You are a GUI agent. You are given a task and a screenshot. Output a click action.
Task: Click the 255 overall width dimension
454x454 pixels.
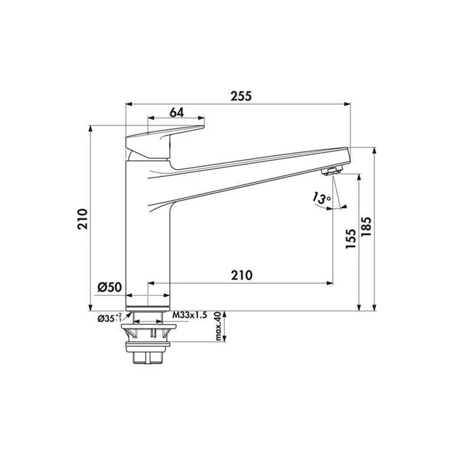241,96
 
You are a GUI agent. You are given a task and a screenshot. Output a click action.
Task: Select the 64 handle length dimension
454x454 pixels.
177,112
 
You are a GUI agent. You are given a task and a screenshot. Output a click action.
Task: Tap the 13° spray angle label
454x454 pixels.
321,199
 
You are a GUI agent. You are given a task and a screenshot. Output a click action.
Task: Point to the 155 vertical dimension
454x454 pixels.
350,239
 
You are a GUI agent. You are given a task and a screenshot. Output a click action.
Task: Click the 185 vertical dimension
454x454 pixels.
366,227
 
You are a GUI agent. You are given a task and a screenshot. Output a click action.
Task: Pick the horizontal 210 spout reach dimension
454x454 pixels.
242,275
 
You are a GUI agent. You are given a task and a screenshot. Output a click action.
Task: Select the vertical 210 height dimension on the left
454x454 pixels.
82,219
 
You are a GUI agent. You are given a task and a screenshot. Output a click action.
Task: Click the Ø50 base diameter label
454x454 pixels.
109,287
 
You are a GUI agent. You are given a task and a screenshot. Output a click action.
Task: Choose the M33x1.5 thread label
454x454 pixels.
190,316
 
